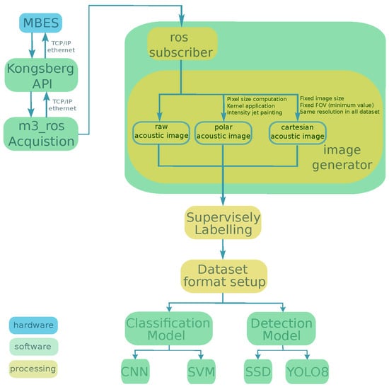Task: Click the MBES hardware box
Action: coord(41,23)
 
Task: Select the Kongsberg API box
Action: coord(41,75)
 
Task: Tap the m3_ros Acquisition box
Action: coord(41,134)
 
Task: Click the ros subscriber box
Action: coord(182,44)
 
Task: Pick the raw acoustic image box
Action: coord(161,133)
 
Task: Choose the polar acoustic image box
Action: coord(223,133)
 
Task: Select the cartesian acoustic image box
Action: coord(298,133)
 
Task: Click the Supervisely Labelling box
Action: coord(223,223)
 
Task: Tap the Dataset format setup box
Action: coord(223,276)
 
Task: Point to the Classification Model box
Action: coord(169,329)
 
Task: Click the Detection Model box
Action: coord(281,329)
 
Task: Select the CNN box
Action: coord(135,371)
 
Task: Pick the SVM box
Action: coord(201,371)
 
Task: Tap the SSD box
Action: coord(258,371)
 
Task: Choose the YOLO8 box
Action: coord(308,371)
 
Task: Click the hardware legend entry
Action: coord(33,325)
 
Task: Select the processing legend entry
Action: coord(33,369)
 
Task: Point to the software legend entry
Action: coord(33,347)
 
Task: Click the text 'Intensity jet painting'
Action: coord(255,112)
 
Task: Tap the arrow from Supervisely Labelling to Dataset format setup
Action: coord(223,249)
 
